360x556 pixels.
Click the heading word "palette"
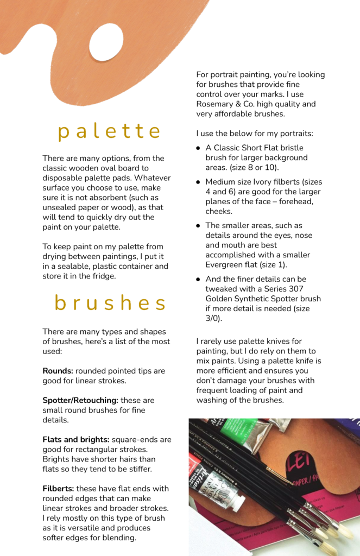[110, 132]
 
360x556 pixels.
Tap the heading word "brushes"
[110, 304]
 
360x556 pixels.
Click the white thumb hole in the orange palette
[106, 42]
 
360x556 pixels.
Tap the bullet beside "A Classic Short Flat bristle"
[198, 148]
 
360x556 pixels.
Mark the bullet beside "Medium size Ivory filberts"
[198, 182]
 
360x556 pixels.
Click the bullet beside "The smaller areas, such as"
[198, 226]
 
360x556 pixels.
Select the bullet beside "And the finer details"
[198, 280]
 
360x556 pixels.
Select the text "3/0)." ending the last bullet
[214, 318]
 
